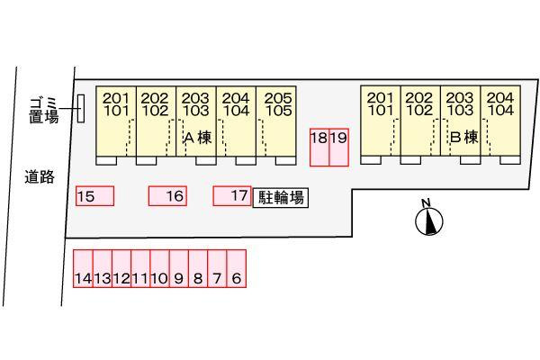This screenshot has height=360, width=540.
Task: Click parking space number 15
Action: coord(95,196)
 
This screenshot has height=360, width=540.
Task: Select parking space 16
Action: coord(167,195)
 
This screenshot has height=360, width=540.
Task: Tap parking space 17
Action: coord(231,195)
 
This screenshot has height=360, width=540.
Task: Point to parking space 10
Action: coord(159,269)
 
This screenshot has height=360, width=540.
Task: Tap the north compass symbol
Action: coord(430,219)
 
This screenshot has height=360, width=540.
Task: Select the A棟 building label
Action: coord(197,138)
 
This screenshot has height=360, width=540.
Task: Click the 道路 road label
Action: coord(40,177)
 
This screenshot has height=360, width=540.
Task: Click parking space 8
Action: coord(198,269)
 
